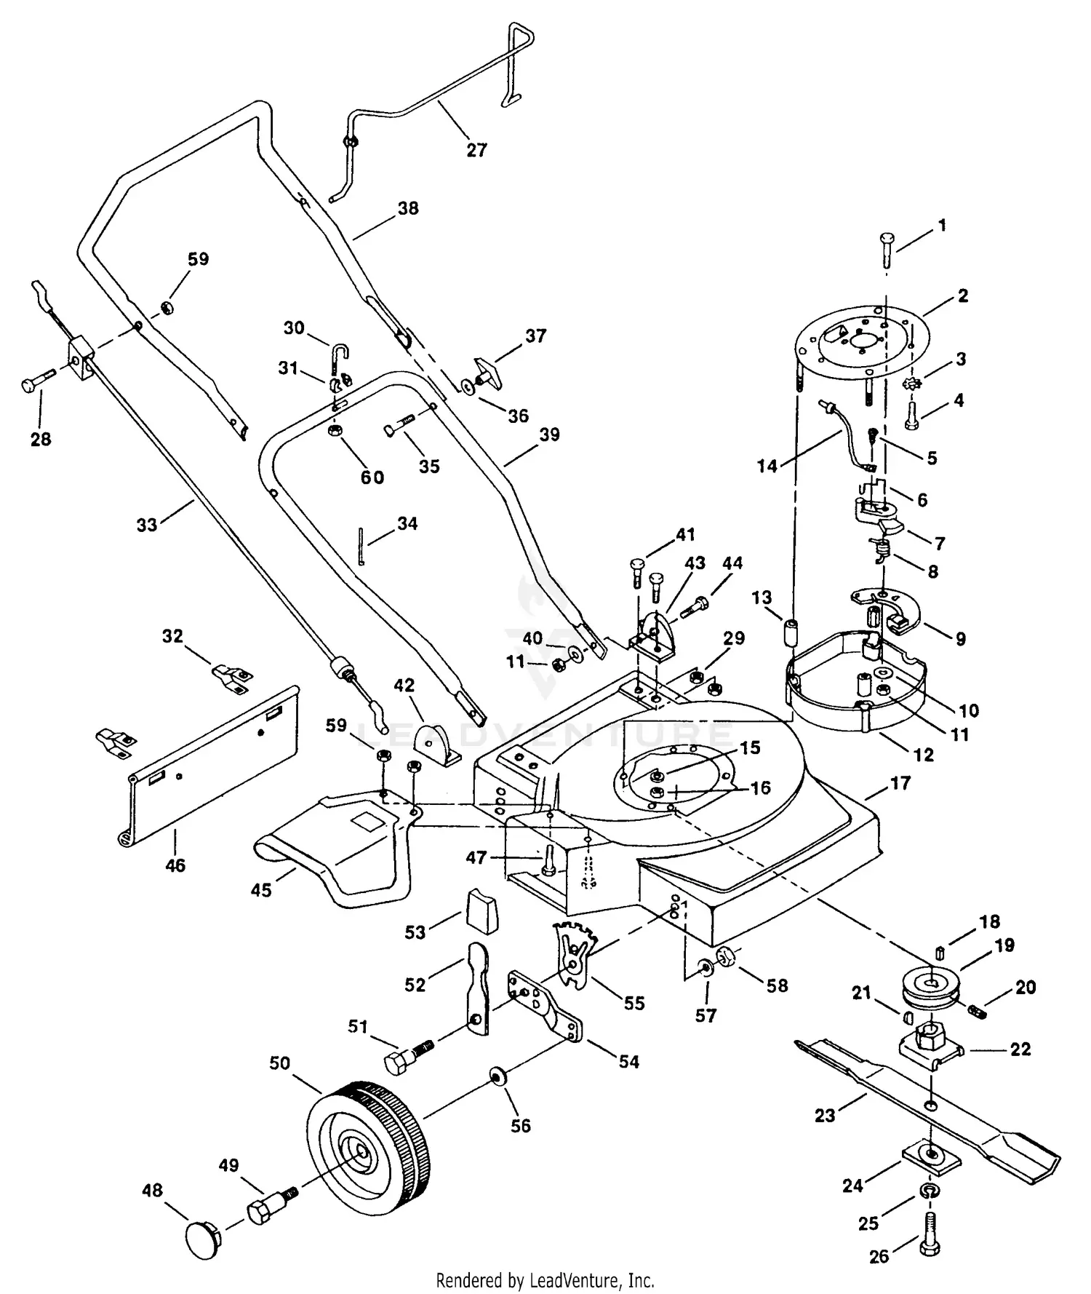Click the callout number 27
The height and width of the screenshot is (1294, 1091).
476,150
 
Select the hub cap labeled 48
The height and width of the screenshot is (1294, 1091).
200,1237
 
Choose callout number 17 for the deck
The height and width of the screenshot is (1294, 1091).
900,784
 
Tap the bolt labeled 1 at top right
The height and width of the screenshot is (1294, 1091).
889,247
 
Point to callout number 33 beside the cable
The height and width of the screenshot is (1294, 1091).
147,525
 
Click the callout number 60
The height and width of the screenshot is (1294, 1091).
372,477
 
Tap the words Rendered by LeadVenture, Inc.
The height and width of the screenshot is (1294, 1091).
545,1279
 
